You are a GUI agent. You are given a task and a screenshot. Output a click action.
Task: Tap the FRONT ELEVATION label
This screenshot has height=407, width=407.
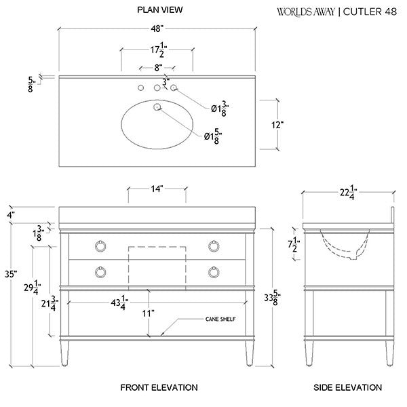point(159,388)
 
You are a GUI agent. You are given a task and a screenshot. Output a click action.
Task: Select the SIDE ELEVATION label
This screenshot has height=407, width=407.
point(347,388)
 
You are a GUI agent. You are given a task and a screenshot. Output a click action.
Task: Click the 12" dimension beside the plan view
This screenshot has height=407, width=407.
point(276,124)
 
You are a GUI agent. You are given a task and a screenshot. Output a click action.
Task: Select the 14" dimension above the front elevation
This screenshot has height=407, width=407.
point(157,190)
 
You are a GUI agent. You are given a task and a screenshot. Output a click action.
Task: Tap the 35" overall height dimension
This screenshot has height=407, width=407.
point(9,274)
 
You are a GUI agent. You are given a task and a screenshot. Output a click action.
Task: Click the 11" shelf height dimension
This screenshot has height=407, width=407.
point(149,313)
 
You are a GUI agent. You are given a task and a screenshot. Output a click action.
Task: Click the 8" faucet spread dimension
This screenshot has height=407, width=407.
point(157,67)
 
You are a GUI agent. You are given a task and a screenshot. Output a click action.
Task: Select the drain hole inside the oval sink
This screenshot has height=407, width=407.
point(157,107)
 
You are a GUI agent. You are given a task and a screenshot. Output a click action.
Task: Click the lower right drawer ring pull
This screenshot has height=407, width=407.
point(213,272)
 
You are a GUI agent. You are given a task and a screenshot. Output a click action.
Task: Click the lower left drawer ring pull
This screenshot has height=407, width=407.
point(100,272)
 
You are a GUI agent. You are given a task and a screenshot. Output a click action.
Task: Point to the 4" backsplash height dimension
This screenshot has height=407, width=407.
point(10,215)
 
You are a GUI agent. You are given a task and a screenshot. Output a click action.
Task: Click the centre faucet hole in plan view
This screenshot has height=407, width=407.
point(157,88)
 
